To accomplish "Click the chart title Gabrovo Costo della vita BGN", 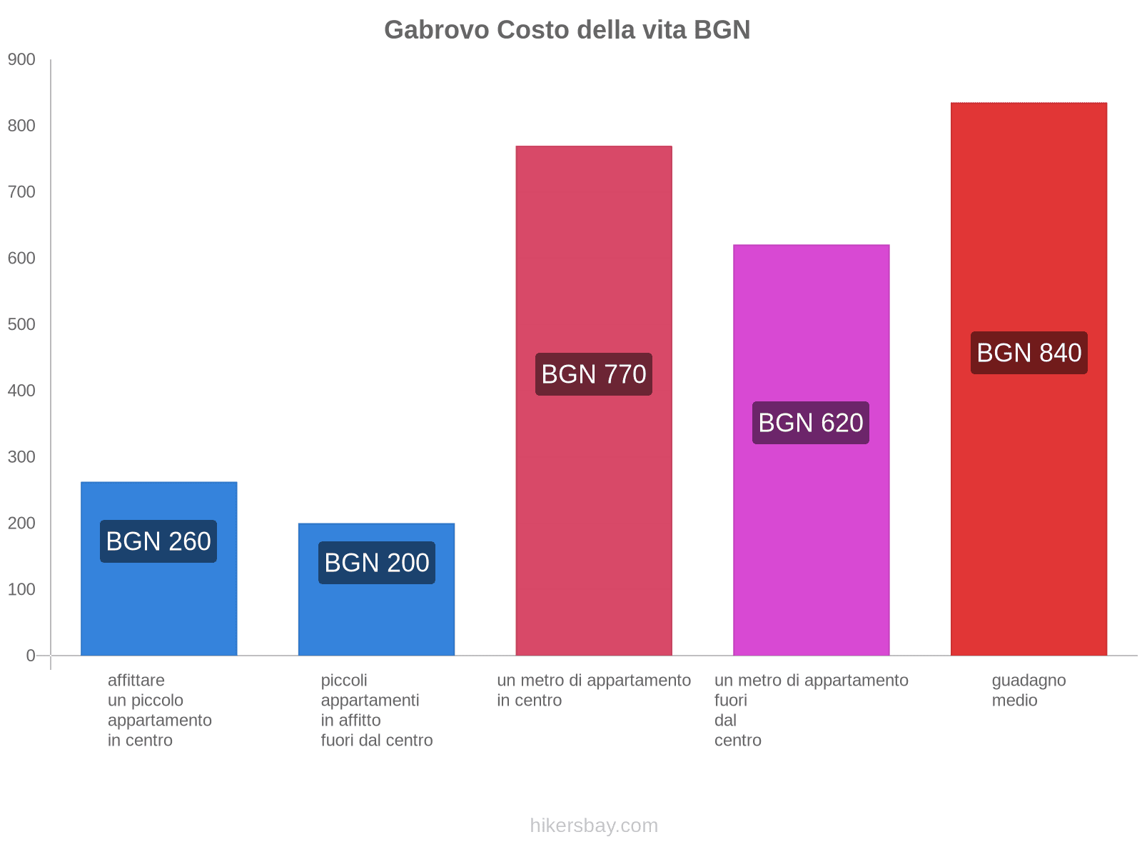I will (567, 30).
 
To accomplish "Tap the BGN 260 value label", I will (158, 541).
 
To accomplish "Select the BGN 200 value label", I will (376, 563).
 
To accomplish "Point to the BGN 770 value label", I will (594, 374).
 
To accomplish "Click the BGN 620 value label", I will (811, 423).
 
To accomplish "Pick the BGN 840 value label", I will (1029, 353).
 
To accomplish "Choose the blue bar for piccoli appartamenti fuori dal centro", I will (376, 621).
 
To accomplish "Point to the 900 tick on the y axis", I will (21, 60).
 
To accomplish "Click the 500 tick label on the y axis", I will (21, 325).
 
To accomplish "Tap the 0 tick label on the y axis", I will (31, 656).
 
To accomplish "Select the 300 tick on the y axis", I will (21, 457).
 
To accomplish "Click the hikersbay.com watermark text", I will (594, 826).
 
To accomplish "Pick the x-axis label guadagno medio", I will (1029, 691).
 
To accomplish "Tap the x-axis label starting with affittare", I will (159, 710).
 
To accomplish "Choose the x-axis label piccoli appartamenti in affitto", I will (376, 710).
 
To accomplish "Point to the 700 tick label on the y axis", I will (21, 192).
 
